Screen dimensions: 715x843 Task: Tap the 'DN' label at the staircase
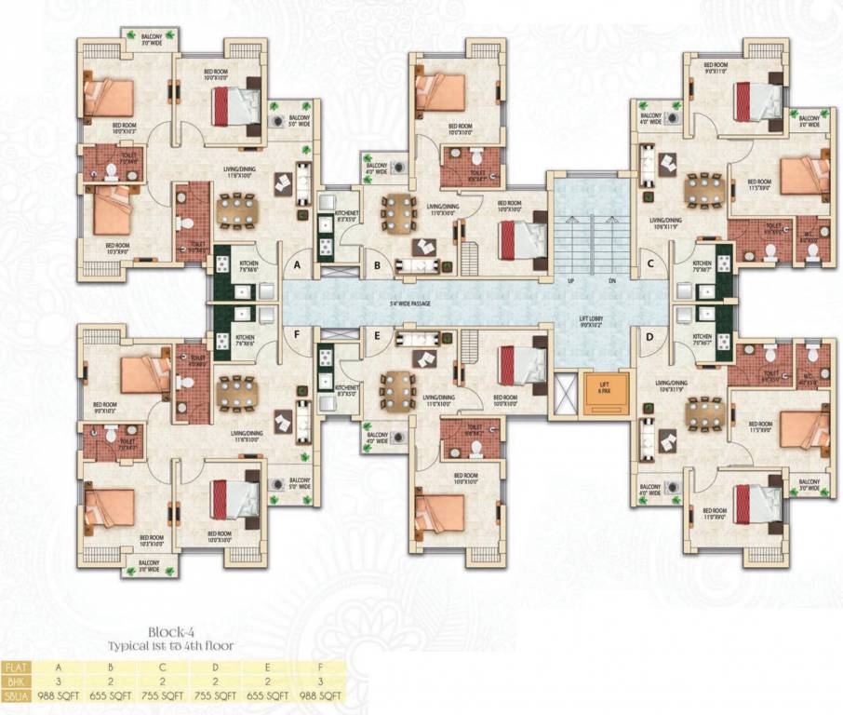pos(612,279)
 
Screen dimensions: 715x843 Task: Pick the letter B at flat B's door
pos(377,265)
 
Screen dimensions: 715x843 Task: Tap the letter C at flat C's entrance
pos(650,264)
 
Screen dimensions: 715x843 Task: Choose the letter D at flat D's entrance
pos(650,337)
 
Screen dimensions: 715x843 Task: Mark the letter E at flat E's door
pos(378,337)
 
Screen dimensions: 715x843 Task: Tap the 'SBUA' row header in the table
pos(15,695)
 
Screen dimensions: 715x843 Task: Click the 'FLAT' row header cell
pos(15,668)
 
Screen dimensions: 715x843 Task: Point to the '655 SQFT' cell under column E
pos(269,695)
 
